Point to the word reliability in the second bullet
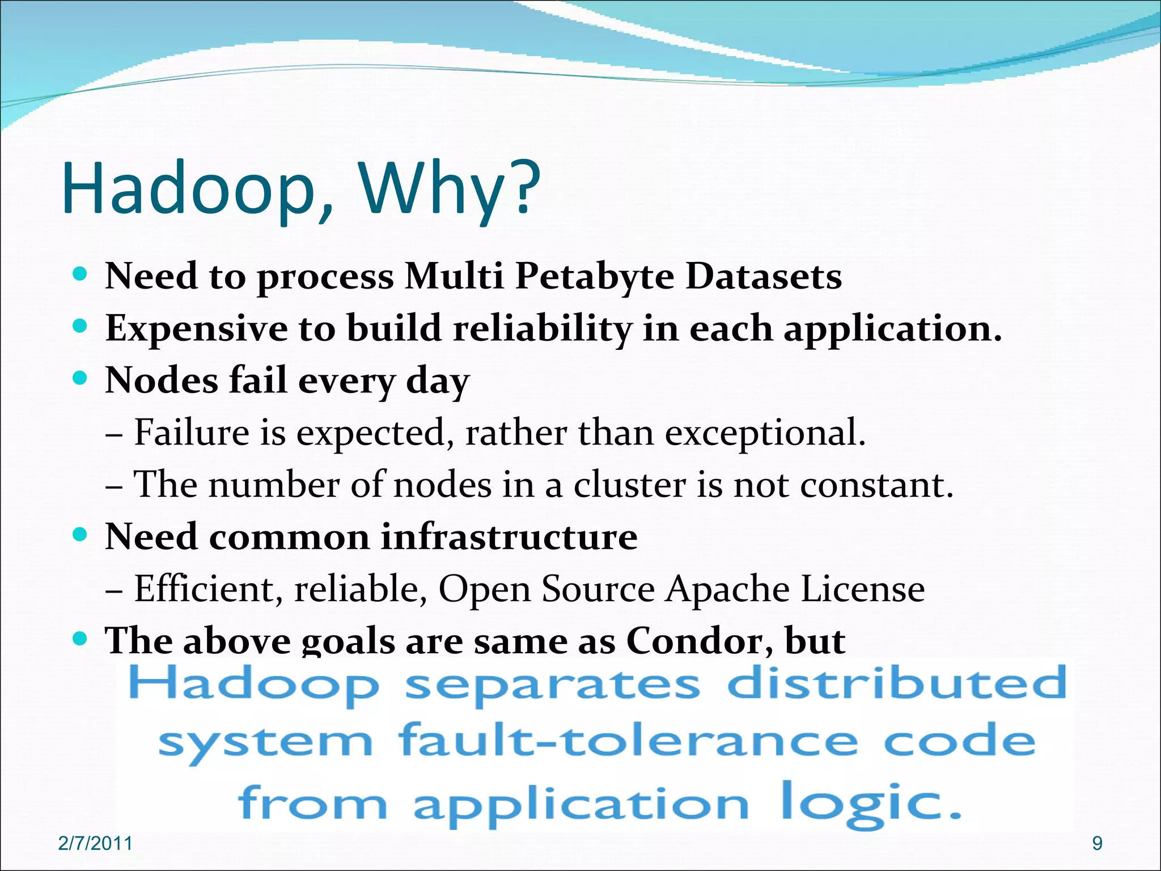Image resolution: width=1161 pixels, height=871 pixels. [542, 329]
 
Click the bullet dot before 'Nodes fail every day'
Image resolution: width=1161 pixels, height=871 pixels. [80, 378]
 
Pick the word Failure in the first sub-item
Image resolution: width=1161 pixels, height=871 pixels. [192, 433]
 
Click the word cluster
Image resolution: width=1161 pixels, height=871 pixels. [630, 485]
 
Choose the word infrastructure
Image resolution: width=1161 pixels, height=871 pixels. [509, 536]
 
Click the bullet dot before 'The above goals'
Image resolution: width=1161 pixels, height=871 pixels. [80, 639]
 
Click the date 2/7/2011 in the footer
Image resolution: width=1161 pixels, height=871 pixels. [95, 844]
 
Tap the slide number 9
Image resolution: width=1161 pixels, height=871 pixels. [1097, 844]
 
